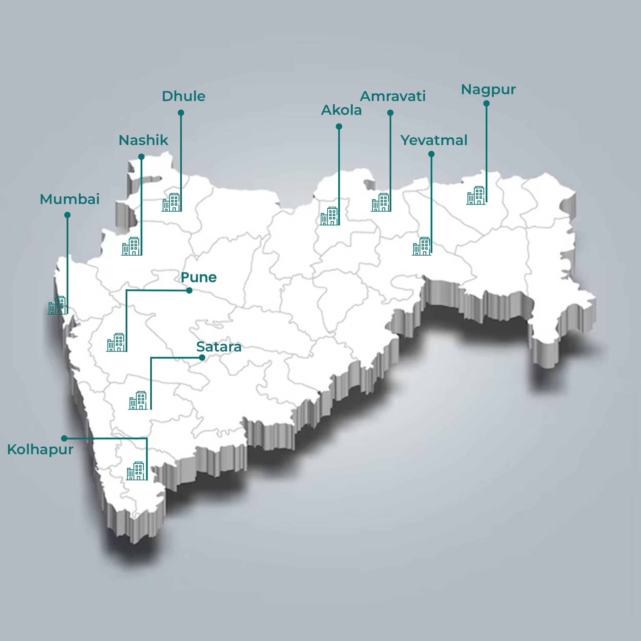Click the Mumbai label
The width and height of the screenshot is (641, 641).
pos(70,199)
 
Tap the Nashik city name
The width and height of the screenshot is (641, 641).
pos(143,140)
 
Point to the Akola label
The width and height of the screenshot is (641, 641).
pos(341,110)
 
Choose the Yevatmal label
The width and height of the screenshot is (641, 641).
pos(434,140)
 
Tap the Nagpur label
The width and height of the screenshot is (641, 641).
pos(488,89)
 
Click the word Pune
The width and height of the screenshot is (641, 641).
pos(198,277)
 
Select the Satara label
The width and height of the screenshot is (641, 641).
pos(219,347)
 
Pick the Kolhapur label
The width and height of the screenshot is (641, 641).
pos(40,450)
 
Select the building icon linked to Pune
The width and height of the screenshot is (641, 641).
pos(116,342)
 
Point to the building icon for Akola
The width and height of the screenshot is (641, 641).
pos(329,216)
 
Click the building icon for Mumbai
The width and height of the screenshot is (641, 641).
pos(57,305)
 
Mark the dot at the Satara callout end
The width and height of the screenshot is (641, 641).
pos(202,358)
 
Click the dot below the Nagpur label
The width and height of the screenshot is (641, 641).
pos(486,103)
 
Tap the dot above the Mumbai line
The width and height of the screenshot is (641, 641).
pos(67,215)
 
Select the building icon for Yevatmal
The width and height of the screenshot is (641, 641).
pos(421,246)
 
